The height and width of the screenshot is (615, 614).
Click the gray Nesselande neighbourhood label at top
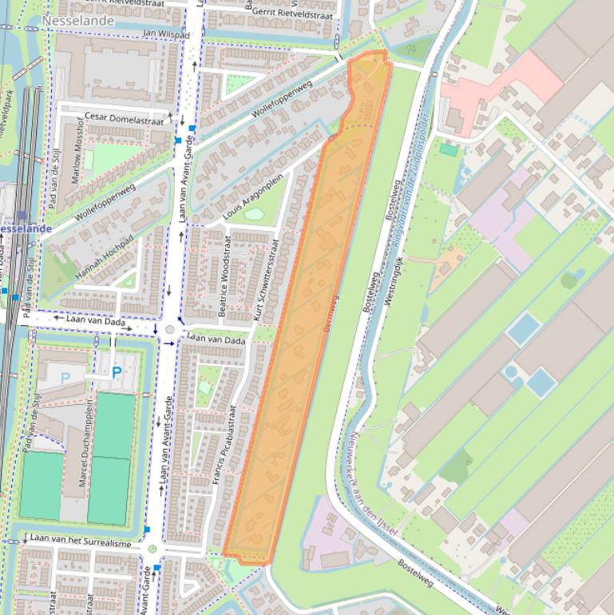[x=77, y=21]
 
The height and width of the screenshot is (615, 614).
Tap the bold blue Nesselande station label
[x=26, y=229]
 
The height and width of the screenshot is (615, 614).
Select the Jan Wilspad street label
[x=166, y=34]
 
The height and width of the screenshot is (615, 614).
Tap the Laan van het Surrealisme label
[x=80, y=543]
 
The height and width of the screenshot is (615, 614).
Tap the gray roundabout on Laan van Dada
[x=169, y=329]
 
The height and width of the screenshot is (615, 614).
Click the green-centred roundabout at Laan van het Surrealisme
[x=153, y=549]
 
